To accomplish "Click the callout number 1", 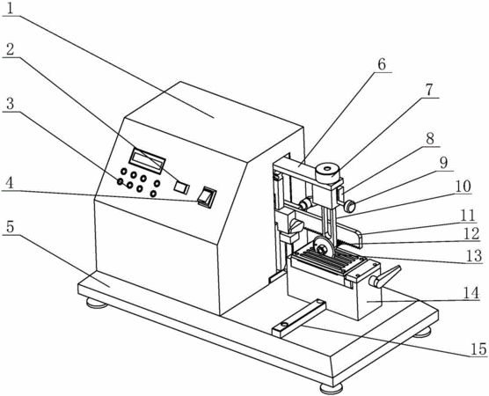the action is (x=10, y=9).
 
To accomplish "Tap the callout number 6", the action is (x=382, y=64).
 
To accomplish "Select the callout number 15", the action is (x=478, y=348).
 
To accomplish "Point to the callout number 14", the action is (x=471, y=293).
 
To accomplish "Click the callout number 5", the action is (x=10, y=227).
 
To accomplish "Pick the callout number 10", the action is (x=463, y=187).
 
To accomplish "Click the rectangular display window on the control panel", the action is (x=147, y=161).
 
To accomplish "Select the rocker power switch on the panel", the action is (x=207, y=197).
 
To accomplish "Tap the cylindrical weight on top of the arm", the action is (x=327, y=172).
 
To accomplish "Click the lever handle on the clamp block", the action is (x=385, y=276).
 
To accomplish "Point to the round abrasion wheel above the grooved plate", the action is (x=322, y=247).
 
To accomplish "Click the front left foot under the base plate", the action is (x=97, y=303).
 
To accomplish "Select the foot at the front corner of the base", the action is (x=332, y=388).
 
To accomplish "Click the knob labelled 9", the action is (x=350, y=206).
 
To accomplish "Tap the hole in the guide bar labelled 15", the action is (x=283, y=326).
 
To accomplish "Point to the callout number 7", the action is (x=429, y=90).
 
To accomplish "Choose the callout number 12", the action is (x=471, y=234).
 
